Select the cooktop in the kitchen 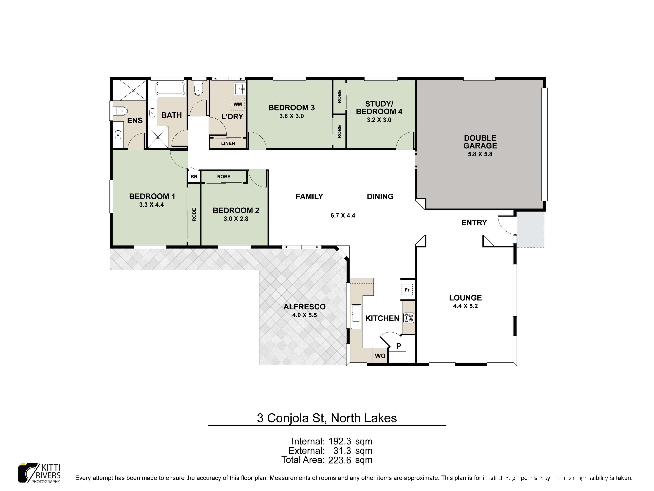pyautogui.click(x=409, y=318)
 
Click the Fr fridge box pyautogui.click(x=407, y=290)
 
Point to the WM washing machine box pyautogui.click(x=237, y=104)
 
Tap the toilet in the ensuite pyautogui.click(x=121, y=111)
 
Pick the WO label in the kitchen pyautogui.click(x=380, y=356)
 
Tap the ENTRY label pyautogui.click(x=474, y=223)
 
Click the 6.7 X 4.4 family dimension pyautogui.click(x=343, y=215)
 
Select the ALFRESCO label pyautogui.click(x=304, y=307)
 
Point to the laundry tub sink pyautogui.click(x=240, y=88)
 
